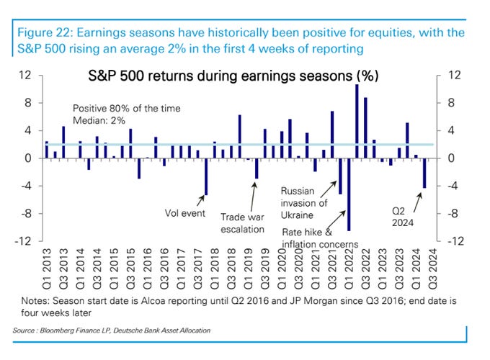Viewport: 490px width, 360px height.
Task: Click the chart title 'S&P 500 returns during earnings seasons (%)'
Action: click(x=233, y=76)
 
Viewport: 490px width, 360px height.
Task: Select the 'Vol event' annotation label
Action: click(x=183, y=213)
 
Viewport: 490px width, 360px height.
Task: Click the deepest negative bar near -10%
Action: click(x=349, y=194)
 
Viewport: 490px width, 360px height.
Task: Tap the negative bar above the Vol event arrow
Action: click(x=206, y=176)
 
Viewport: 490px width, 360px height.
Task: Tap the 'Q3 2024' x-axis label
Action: click(x=432, y=268)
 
